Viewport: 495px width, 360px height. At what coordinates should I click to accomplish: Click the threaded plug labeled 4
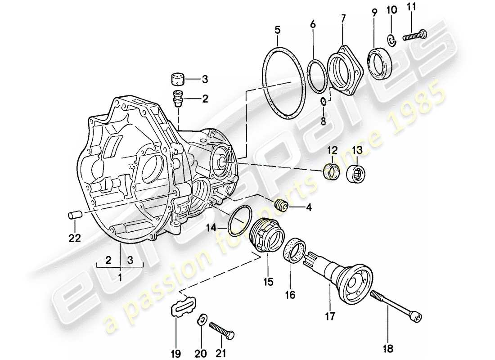281,206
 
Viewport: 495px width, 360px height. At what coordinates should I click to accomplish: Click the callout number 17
329,317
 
